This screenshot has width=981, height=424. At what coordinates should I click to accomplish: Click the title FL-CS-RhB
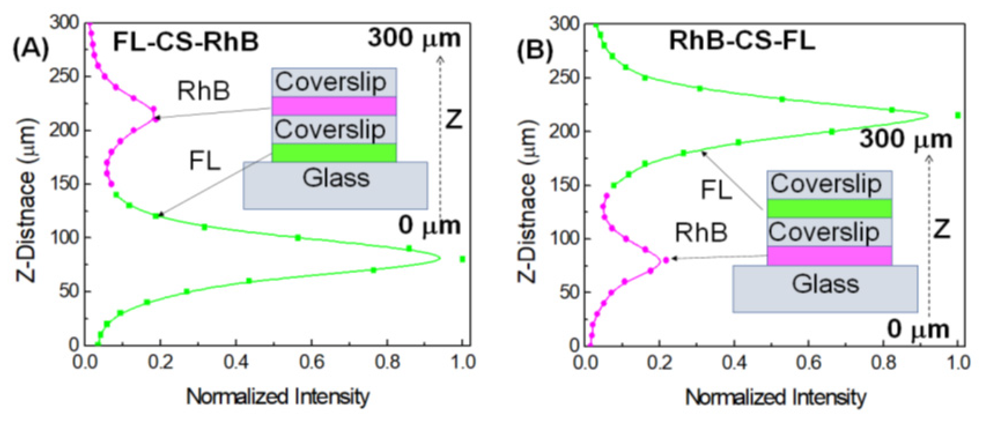186,41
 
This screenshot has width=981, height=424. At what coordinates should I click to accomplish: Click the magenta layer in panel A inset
334,106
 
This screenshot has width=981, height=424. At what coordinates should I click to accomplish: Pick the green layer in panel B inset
829,208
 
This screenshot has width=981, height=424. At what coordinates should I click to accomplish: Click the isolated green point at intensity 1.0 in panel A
462,259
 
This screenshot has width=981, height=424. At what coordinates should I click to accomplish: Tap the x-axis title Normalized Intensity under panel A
278,397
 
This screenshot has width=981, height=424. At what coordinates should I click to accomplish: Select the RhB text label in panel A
204,91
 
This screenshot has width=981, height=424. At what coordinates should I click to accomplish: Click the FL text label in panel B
716,190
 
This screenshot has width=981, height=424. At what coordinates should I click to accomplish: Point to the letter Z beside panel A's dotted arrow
454,120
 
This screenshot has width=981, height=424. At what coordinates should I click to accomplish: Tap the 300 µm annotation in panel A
414,39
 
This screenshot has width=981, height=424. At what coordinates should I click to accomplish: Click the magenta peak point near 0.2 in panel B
666,260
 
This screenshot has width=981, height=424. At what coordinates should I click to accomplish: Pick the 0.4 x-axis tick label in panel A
236,362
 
